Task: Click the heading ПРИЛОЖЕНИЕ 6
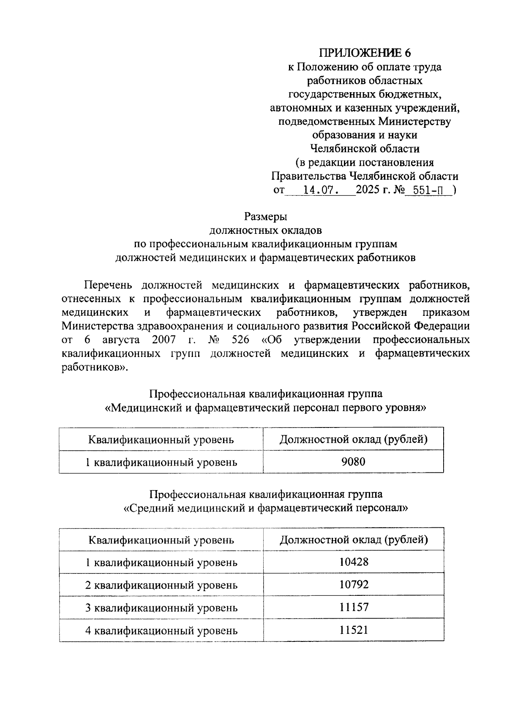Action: point(365,53)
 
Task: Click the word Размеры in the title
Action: point(266,217)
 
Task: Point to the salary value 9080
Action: point(353,462)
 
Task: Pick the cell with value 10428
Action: point(353,562)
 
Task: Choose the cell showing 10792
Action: point(353,585)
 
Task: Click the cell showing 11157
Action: point(353,608)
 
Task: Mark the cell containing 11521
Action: point(353,630)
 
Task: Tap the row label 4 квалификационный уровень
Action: point(161,631)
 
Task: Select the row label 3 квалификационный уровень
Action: point(161,608)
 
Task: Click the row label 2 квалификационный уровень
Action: point(161,585)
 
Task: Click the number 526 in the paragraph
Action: point(240,340)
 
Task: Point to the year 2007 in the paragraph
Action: point(164,340)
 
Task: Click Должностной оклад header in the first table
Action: point(353,439)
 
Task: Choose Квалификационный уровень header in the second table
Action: point(161,540)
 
